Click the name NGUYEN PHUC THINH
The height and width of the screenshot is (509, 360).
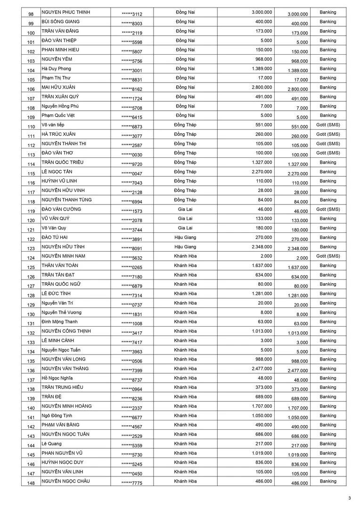[x=65, y=12]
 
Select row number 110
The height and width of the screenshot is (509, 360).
[x=31, y=127]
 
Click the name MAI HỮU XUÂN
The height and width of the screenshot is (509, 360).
[x=58, y=87]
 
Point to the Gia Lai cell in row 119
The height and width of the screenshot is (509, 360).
[x=185, y=209]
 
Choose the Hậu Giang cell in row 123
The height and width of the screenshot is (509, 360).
[x=185, y=246]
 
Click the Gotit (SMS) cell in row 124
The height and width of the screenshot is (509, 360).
[x=328, y=256]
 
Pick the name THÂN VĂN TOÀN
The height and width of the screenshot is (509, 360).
[x=60, y=265]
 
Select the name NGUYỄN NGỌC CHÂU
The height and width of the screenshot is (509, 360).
[x=65, y=481]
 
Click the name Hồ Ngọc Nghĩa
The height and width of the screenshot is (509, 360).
[x=57, y=378]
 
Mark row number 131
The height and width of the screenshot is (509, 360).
[x=31, y=324]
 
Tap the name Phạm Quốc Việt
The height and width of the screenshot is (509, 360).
[x=58, y=115]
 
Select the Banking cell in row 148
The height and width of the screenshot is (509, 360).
[x=328, y=481]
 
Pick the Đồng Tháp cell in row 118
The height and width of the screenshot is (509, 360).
[x=185, y=200]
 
